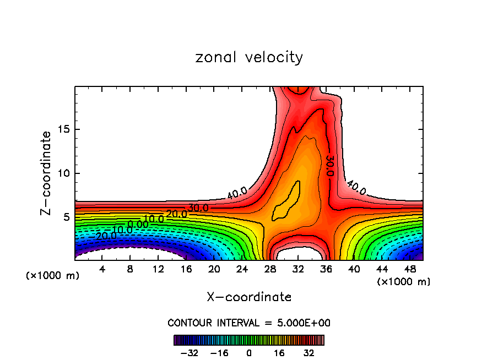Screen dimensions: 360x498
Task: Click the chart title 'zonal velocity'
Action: tap(249, 57)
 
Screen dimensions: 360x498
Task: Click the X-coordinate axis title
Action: tap(249, 297)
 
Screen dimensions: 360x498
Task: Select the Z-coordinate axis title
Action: tap(46, 173)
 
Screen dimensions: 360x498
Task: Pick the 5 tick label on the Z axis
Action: tap(65, 217)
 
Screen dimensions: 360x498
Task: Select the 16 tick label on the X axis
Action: tap(186, 269)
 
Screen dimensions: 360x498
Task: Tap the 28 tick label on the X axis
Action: tap(270, 269)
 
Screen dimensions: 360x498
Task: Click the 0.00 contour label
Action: tap(138, 225)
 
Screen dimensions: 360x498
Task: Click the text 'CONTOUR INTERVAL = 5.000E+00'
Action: tap(249, 323)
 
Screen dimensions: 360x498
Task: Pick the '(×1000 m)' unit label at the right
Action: tap(404, 282)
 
